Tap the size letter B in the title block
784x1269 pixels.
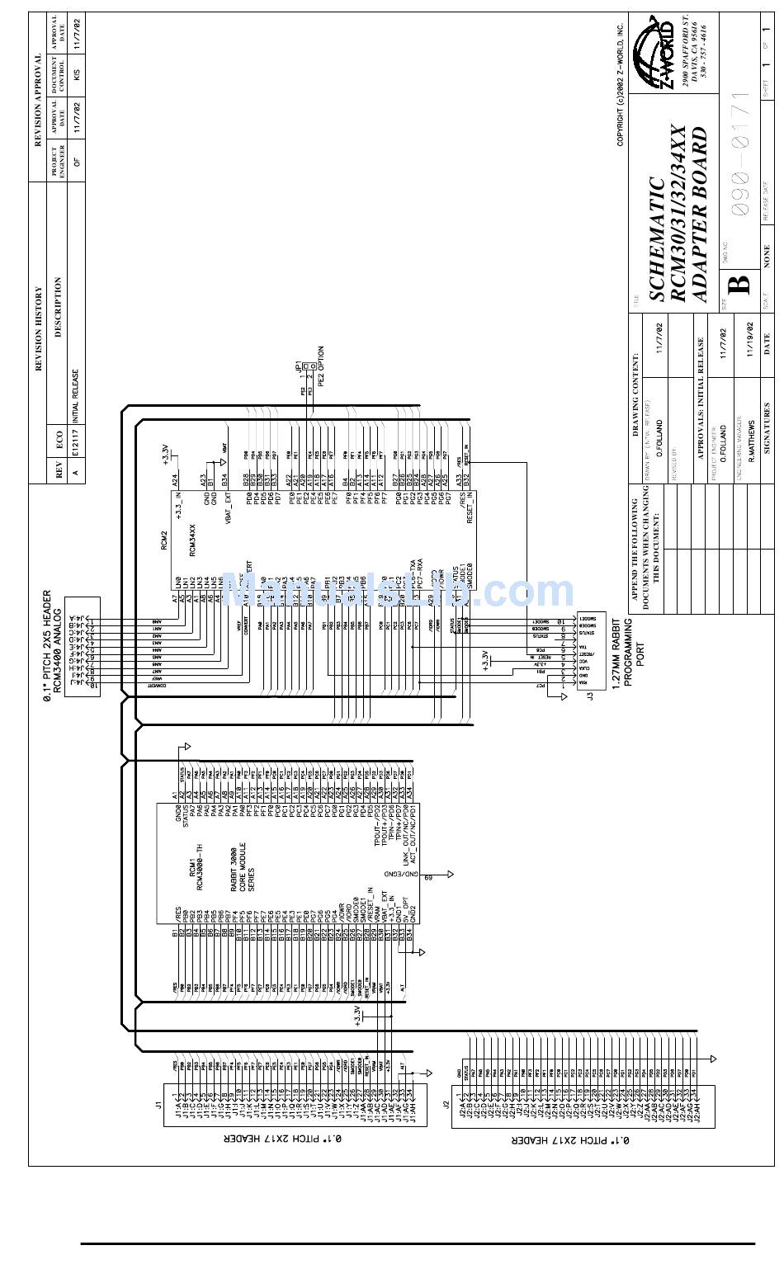740,283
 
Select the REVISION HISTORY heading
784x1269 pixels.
38,328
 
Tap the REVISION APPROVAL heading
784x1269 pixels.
38,100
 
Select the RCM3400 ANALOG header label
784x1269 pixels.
58,644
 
